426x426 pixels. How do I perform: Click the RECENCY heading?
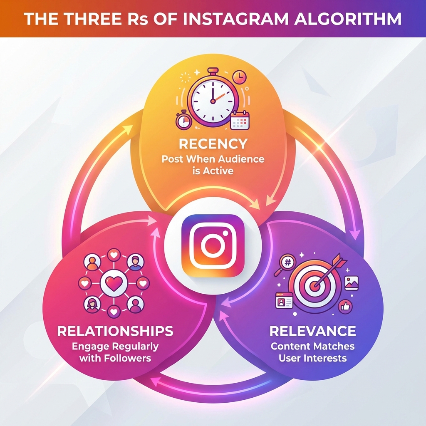213,144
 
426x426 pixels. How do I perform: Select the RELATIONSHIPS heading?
115,331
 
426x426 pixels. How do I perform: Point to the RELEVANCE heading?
313,331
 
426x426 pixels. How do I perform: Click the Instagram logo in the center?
213,245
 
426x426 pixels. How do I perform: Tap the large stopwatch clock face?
213,101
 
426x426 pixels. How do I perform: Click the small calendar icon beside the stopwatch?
240,120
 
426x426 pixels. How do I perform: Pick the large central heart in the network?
114,284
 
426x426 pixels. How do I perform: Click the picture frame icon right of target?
352,283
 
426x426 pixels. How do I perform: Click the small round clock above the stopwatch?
240,77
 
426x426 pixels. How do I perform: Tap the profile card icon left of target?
284,300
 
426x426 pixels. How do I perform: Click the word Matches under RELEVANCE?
334,346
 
